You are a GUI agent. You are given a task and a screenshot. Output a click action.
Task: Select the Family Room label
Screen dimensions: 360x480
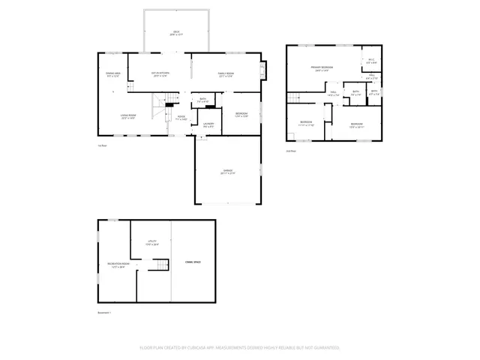pyautogui.click(x=225, y=74)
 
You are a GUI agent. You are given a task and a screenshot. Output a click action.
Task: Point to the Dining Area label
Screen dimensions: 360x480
pyautogui.click(x=112, y=74)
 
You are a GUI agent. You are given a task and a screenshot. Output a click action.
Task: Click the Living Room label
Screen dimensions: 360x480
pyautogui.click(x=127, y=116)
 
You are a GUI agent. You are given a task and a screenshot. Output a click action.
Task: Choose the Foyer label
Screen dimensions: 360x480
pyautogui.click(x=181, y=118)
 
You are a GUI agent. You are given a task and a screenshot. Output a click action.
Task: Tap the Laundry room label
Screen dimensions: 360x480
pyautogui.click(x=208, y=124)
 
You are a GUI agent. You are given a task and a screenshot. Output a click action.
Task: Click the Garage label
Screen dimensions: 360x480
pyautogui.click(x=227, y=172)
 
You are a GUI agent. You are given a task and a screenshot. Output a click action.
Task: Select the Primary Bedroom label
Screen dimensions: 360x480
pyautogui.click(x=322, y=68)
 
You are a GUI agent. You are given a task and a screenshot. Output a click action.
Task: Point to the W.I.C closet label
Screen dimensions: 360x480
pyautogui.click(x=371, y=61)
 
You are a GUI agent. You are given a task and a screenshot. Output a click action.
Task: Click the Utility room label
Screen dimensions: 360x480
pyautogui.click(x=151, y=242)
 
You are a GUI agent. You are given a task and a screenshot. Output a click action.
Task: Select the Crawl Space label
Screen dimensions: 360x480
pyautogui.click(x=193, y=262)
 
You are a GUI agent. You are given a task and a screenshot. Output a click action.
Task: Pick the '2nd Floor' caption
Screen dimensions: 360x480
pyautogui.click(x=290, y=151)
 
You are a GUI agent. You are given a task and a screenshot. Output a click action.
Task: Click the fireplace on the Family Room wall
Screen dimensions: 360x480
pyautogui.click(x=262, y=70)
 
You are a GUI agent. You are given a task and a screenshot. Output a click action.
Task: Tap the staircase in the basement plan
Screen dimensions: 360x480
pyautogui.click(x=161, y=265)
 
